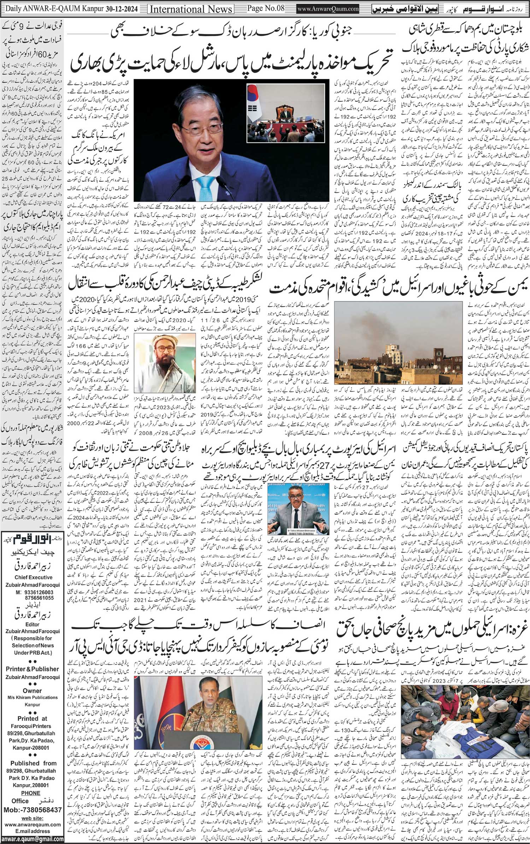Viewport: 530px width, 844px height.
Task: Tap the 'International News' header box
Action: (191, 9)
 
